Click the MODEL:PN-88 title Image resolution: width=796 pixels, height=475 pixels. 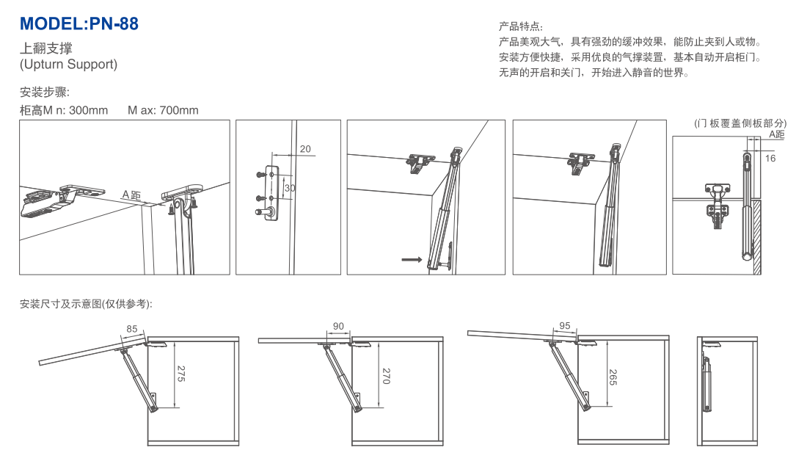pos(78,23)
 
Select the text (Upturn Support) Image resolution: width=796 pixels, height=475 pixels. pos(68,65)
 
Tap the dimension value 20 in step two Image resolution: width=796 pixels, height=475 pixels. pos(305,149)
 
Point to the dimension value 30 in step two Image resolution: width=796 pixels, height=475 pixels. pos(290,189)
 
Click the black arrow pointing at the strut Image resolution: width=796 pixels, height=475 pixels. pos(411,259)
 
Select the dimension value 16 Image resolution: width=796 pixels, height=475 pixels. pos(770,158)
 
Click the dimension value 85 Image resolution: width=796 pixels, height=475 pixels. pos(132,329)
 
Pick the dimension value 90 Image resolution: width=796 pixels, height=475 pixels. pos(338,326)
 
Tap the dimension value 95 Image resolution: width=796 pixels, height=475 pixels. pos(564,325)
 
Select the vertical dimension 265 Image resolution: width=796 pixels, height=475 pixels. pos(613,376)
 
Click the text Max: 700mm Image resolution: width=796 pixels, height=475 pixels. pos(163,111)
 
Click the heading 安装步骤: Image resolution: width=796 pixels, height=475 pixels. pos(45,93)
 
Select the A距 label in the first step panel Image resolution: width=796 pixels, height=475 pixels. pos(131,195)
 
